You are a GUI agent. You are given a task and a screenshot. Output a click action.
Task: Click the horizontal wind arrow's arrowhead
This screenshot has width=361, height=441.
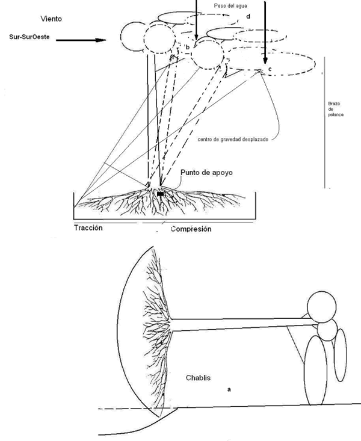click(102, 41)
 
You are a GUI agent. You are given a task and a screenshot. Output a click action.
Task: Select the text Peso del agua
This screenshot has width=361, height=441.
click(228, 5)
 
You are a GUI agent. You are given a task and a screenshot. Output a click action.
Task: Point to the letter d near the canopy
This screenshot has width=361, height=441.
click(248, 16)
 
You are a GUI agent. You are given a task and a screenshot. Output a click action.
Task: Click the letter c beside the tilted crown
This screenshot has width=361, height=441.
click(270, 69)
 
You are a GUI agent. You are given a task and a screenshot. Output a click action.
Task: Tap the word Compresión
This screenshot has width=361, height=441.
click(191, 229)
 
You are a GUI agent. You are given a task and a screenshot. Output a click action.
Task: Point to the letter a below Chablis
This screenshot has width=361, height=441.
click(229, 389)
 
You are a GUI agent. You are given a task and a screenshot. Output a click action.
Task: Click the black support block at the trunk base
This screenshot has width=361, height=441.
click(161, 194)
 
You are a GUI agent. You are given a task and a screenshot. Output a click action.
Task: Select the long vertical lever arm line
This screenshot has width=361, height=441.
click(325, 120)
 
